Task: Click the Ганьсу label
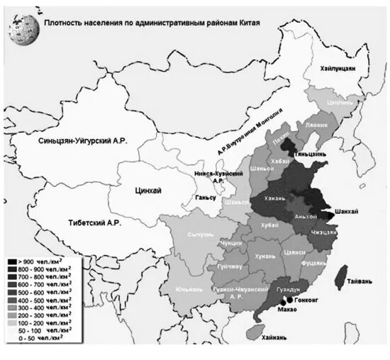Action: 204,197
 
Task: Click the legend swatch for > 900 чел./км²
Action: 13,263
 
